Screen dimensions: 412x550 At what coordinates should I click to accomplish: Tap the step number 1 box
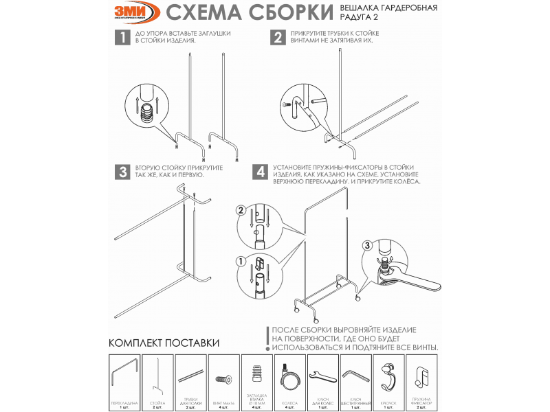tap(121, 38)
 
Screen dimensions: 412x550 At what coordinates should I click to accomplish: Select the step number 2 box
tap(278, 38)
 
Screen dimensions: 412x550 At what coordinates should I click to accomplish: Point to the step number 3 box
tap(121, 172)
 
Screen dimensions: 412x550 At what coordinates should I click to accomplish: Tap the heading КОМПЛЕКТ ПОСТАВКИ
tap(164, 343)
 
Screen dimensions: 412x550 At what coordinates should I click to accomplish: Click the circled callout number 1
tap(240, 261)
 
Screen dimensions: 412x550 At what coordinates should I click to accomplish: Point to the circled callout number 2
tap(240, 209)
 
